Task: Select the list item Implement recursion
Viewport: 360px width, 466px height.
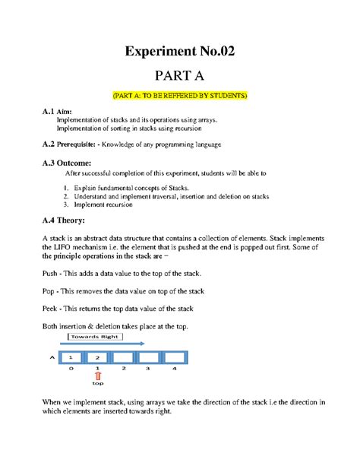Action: (104, 204)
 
